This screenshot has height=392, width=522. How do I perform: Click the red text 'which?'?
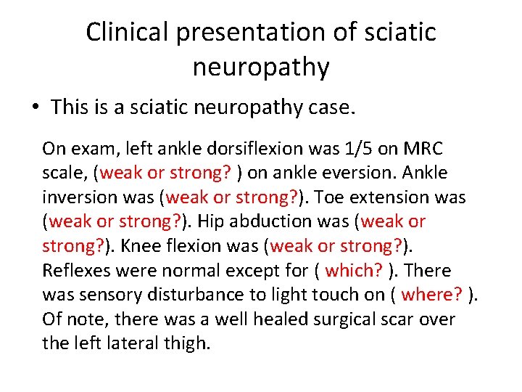[x=354, y=271]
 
